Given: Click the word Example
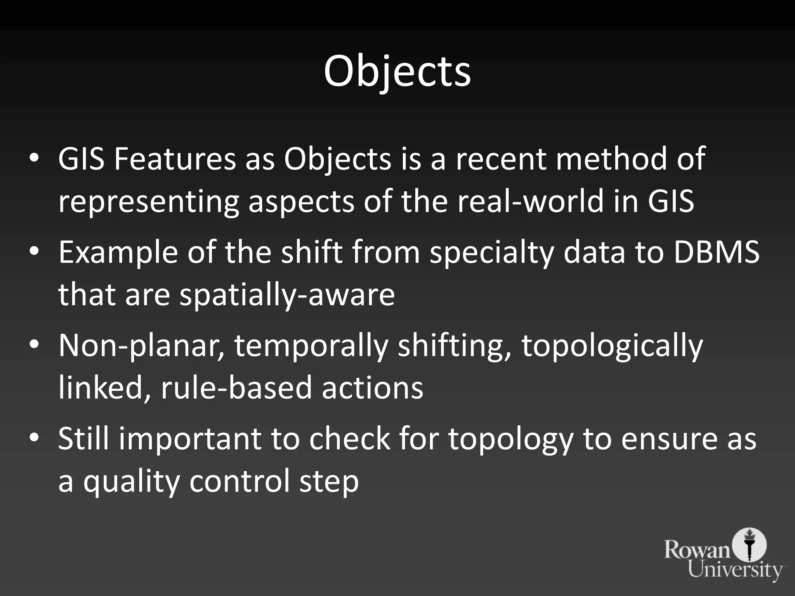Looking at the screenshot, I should tap(118, 253).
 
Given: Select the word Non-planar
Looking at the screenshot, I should tap(142, 346).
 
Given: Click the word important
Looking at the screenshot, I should tap(190, 439).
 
